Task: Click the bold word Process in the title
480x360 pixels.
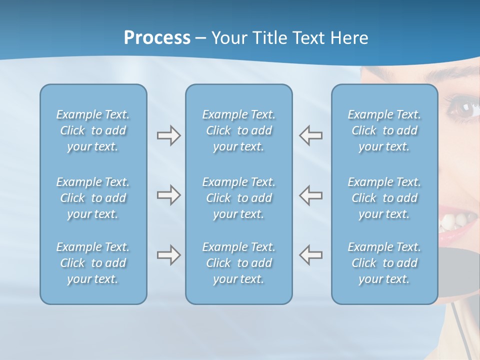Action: click(x=157, y=38)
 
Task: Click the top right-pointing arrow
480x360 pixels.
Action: click(x=168, y=135)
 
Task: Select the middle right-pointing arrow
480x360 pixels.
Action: click(x=168, y=195)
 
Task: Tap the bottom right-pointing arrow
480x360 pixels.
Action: click(x=168, y=255)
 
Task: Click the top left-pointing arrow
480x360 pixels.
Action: click(x=311, y=135)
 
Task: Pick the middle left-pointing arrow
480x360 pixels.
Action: click(x=311, y=195)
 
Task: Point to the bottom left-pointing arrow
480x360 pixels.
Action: click(x=311, y=255)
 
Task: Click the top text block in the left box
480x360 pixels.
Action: click(x=93, y=130)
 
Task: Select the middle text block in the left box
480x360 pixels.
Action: click(x=93, y=198)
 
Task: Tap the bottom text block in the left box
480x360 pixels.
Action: click(x=93, y=263)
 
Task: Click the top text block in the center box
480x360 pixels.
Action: click(x=238, y=130)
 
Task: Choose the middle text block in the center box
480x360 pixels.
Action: click(x=238, y=198)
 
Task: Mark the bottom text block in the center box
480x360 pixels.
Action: click(x=238, y=263)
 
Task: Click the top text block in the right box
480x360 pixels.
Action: click(x=384, y=130)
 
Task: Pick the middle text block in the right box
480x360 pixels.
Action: click(x=384, y=198)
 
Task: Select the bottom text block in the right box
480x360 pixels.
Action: click(x=384, y=263)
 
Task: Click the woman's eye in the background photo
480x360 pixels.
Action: click(x=464, y=108)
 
